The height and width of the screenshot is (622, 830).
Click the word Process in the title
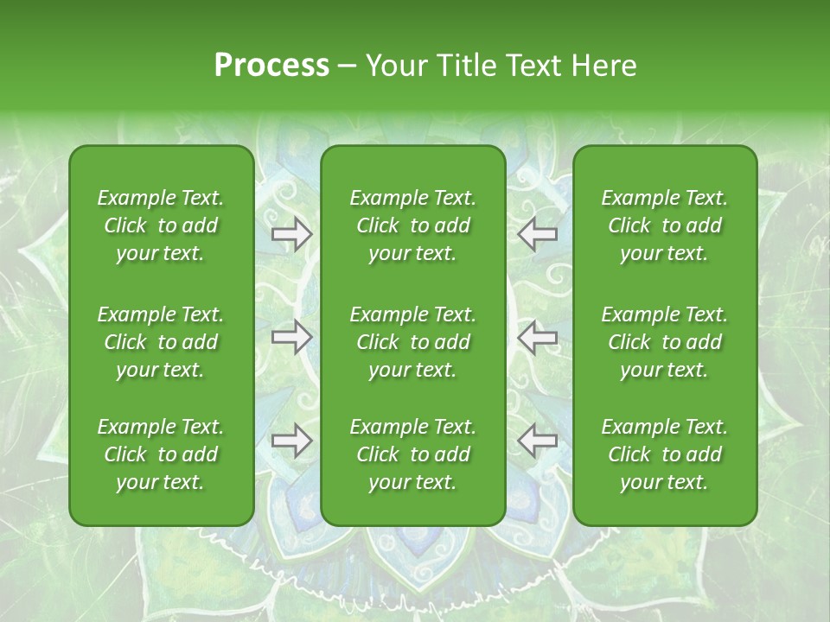coord(271,66)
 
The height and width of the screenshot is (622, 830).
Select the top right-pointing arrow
coord(291,233)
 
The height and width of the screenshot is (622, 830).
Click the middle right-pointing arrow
coord(291,337)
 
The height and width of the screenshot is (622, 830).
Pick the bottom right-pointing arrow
coord(291,441)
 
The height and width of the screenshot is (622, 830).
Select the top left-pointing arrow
coord(538,233)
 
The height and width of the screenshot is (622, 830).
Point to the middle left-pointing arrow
coord(538,337)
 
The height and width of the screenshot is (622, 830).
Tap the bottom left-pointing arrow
coord(538,441)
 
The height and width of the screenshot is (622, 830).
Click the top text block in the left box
coord(161,225)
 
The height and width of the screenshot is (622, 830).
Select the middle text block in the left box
coord(161,342)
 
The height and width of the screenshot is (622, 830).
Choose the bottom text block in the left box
coord(161,454)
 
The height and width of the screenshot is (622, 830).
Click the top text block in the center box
coord(413,225)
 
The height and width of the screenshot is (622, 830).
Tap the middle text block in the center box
coord(413,342)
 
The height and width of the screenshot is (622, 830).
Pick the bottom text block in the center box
coord(413,454)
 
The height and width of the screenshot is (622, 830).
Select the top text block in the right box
coord(665,225)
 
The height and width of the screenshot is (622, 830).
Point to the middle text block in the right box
coord(665,342)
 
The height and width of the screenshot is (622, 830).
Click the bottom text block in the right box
coord(665,454)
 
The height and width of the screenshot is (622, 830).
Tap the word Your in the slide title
coord(393,66)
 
